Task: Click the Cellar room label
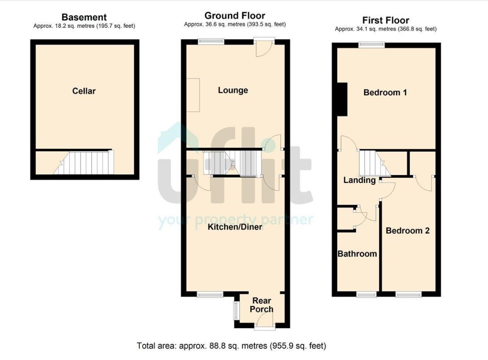[x=84, y=91]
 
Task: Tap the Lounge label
[x=233, y=90]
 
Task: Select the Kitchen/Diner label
[x=235, y=227]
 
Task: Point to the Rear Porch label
[x=261, y=305]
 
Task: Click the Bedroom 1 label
[x=385, y=92]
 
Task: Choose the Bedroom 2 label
[x=407, y=231]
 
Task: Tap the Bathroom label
[x=357, y=254]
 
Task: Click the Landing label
[x=359, y=180]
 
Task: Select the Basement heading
[x=84, y=17]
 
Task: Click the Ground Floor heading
[x=235, y=16]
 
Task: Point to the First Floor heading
[x=385, y=20]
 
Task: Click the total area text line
[x=231, y=346]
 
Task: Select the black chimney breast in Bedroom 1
[x=342, y=99]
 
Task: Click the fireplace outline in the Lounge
[x=193, y=95]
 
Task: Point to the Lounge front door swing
[x=264, y=49]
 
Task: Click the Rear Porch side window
[x=236, y=310]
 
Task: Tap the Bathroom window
[x=367, y=294]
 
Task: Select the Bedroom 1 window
[x=372, y=45]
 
